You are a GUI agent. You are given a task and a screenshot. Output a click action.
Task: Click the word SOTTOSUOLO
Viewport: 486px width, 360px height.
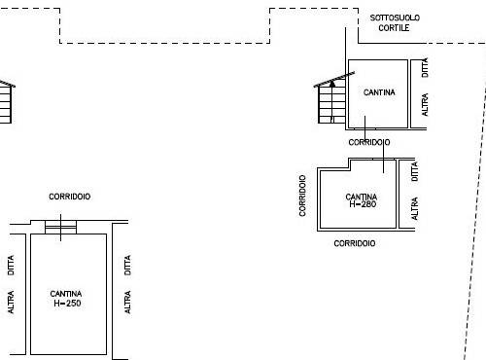(395, 18)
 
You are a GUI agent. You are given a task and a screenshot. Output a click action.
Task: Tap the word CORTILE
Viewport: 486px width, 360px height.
(394, 28)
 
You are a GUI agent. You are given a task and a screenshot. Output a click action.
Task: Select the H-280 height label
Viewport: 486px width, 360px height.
(363, 204)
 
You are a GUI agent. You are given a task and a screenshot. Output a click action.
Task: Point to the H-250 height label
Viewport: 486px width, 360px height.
(67, 304)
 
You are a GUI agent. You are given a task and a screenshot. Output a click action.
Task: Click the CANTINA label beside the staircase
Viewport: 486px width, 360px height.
(379, 92)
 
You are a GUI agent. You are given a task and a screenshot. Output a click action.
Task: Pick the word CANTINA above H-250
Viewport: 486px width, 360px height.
(66, 294)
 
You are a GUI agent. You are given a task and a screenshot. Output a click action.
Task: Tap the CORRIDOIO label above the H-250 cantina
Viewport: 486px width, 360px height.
(70, 197)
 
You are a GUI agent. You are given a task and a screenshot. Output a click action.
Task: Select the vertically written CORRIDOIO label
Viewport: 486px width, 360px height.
(302, 196)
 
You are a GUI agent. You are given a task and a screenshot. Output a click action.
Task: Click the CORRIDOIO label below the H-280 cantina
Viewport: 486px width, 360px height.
(355, 243)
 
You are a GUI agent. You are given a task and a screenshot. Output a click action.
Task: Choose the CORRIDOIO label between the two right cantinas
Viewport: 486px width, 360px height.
(369, 142)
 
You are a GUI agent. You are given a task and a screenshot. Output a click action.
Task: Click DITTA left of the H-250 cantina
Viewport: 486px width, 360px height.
(11, 265)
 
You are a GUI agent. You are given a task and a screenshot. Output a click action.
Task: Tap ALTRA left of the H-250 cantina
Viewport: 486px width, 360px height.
(11, 302)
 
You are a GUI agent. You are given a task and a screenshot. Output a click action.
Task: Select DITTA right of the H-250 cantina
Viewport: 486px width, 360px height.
(127, 265)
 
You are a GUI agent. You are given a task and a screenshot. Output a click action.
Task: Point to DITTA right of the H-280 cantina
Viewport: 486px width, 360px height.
(414, 171)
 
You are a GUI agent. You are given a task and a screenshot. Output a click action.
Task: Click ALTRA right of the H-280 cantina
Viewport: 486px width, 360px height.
(414, 208)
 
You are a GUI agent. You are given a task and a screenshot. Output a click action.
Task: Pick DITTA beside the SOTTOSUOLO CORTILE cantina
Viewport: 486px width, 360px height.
(425, 67)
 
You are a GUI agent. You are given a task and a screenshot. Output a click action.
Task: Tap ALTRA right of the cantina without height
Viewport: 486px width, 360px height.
(425, 104)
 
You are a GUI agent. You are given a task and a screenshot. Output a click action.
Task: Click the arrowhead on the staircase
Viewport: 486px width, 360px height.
(332, 84)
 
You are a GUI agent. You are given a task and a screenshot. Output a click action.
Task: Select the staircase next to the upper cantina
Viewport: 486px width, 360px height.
(332, 100)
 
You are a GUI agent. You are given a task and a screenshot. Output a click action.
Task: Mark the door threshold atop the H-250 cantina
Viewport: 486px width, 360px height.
(61, 227)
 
